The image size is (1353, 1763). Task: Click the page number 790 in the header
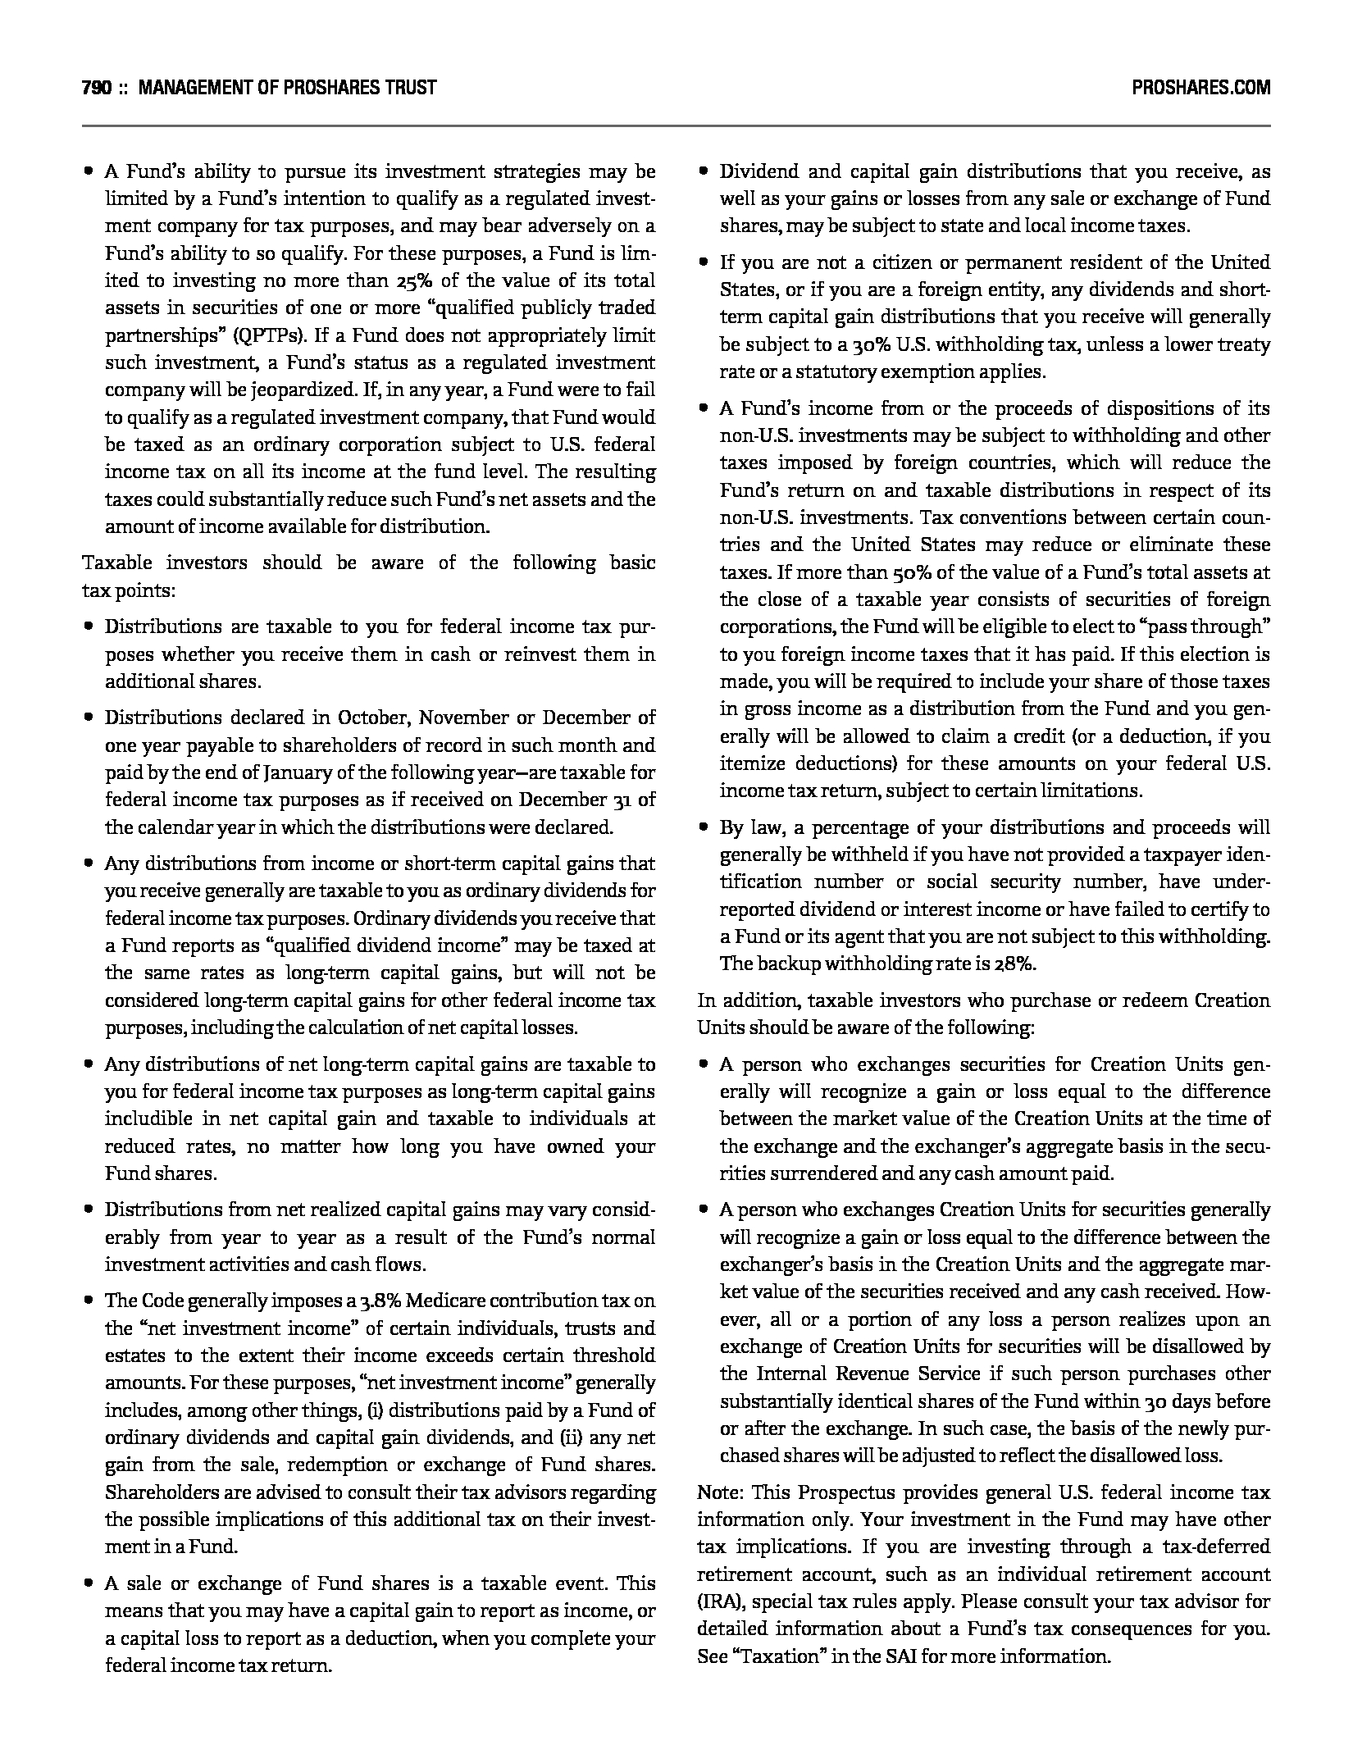97,88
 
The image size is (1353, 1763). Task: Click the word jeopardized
276,391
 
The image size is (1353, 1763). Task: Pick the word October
374,718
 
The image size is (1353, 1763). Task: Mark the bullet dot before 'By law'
704,828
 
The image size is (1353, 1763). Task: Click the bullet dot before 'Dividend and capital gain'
704,172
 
